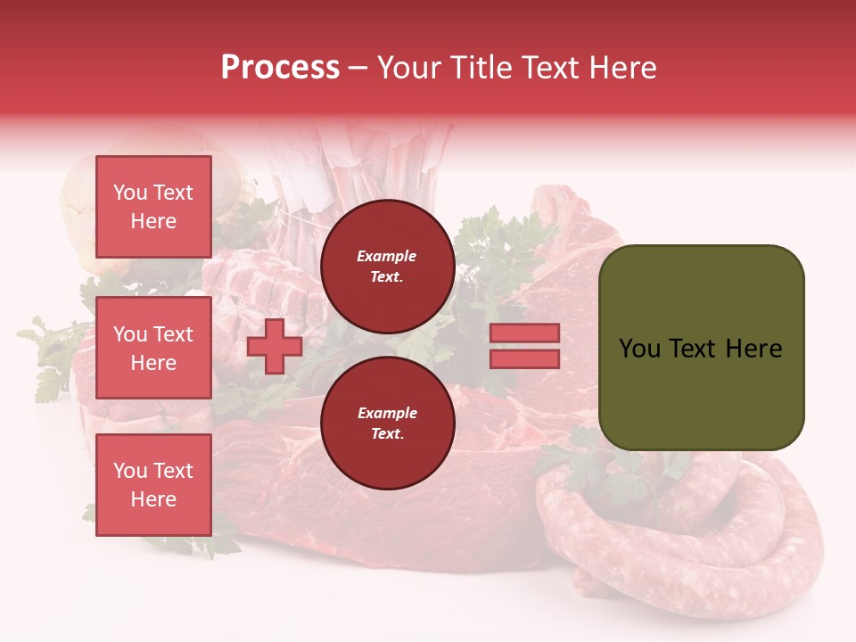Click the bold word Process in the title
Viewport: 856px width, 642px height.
[280, 68]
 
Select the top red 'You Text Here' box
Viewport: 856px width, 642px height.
[153, 207]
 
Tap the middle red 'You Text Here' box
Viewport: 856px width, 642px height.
[153, 348]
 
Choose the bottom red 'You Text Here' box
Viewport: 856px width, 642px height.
[153, 485]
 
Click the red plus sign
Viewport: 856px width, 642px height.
[275, 346]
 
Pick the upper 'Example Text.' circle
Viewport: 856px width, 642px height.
[387, 267]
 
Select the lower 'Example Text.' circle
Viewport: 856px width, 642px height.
[387, 424]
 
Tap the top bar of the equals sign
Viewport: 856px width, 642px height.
[524, 333]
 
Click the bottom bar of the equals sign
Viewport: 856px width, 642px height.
[524, 358]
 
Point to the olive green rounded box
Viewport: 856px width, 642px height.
[701, 348]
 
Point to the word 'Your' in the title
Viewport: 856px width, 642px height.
[408, 68]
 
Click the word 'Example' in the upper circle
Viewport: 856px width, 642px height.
[387, 256]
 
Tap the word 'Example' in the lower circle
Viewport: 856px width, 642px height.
[387, 413]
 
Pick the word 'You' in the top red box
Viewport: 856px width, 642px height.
[130, 193]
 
